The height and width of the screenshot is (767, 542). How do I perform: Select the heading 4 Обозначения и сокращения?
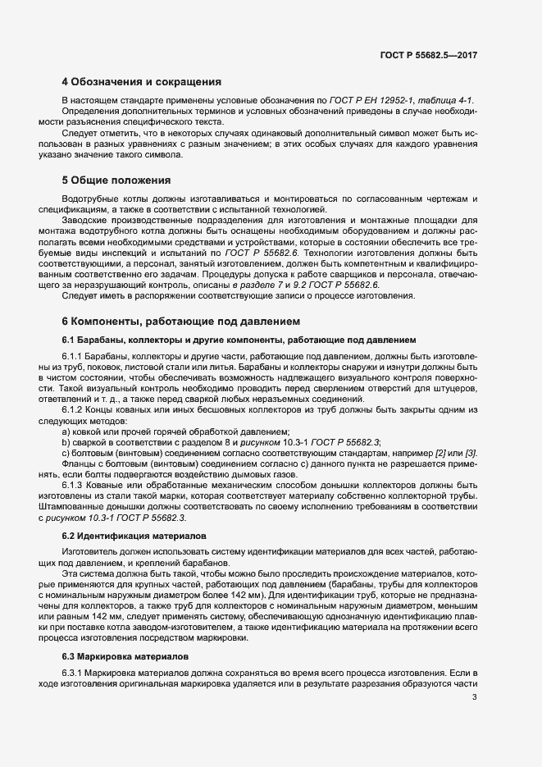[x=141, y=82]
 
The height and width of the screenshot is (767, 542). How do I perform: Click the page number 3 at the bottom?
[x=474, y=698]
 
